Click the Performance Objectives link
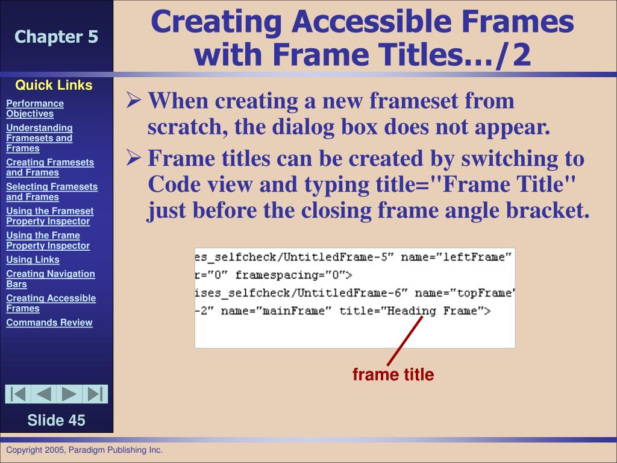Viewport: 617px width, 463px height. pos(35,109)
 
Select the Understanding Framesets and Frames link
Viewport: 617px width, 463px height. pos(39,138)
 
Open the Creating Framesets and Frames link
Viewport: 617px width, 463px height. pos(50,167)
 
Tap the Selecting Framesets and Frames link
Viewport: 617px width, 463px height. pos(51,192)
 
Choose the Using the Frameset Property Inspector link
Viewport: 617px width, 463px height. pos(49,216)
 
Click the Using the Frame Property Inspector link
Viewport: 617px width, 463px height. pos(48,241)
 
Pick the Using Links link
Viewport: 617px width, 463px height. pos(33,260)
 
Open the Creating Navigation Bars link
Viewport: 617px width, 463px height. pos(50,279)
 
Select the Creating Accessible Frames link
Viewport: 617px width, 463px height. pos(51,303)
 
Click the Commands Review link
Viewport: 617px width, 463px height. pos(49,323)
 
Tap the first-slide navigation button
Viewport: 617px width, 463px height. pos(18,394)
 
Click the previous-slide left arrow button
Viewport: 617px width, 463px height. pos(43,394)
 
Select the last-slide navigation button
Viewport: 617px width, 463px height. pos(95,394)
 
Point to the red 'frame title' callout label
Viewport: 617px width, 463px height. pos(393,375)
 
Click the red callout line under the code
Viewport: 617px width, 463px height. pos(404,341)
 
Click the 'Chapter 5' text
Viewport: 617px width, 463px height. pos(56,37)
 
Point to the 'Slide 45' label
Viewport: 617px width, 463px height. pos(56,420)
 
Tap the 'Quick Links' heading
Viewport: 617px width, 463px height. pos(54,85)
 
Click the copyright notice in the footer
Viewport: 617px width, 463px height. pos(84,450)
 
